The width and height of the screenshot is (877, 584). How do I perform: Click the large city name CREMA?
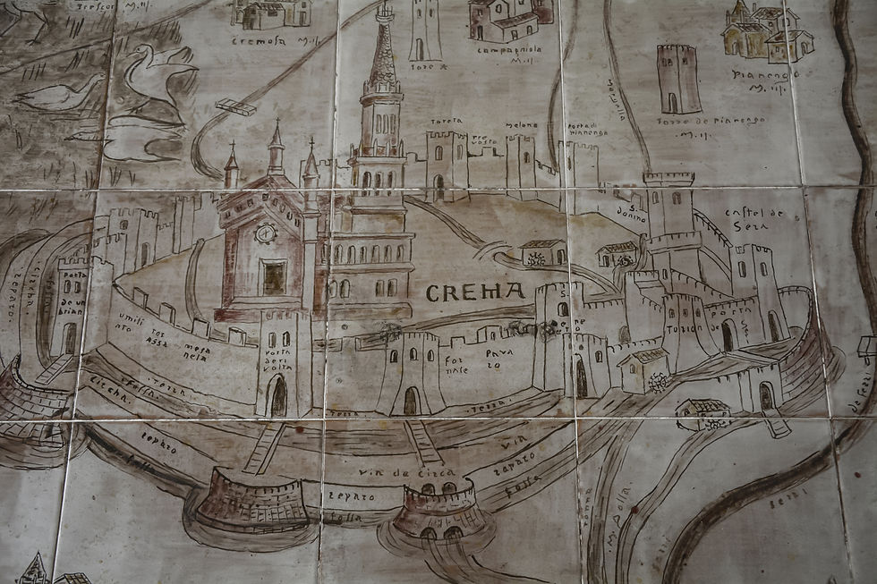tap(475, 292)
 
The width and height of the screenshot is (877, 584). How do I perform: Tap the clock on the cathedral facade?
tap(266, 233)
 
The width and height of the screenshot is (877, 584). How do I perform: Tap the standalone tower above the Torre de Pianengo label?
tap(677, 79)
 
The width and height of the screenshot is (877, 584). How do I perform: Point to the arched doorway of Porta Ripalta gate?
tap(279, 396)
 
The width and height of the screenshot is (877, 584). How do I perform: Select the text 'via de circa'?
tap(394, 473)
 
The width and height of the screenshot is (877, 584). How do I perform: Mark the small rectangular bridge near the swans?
tap(235, 106)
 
